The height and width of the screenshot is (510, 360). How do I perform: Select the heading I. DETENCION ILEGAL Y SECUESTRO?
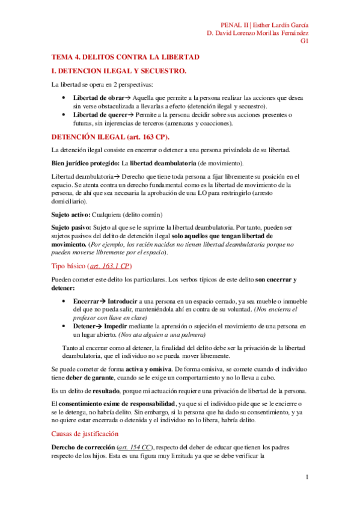(x=120, y=71)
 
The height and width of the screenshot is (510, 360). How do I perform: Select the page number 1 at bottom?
(x=307, y=478)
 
